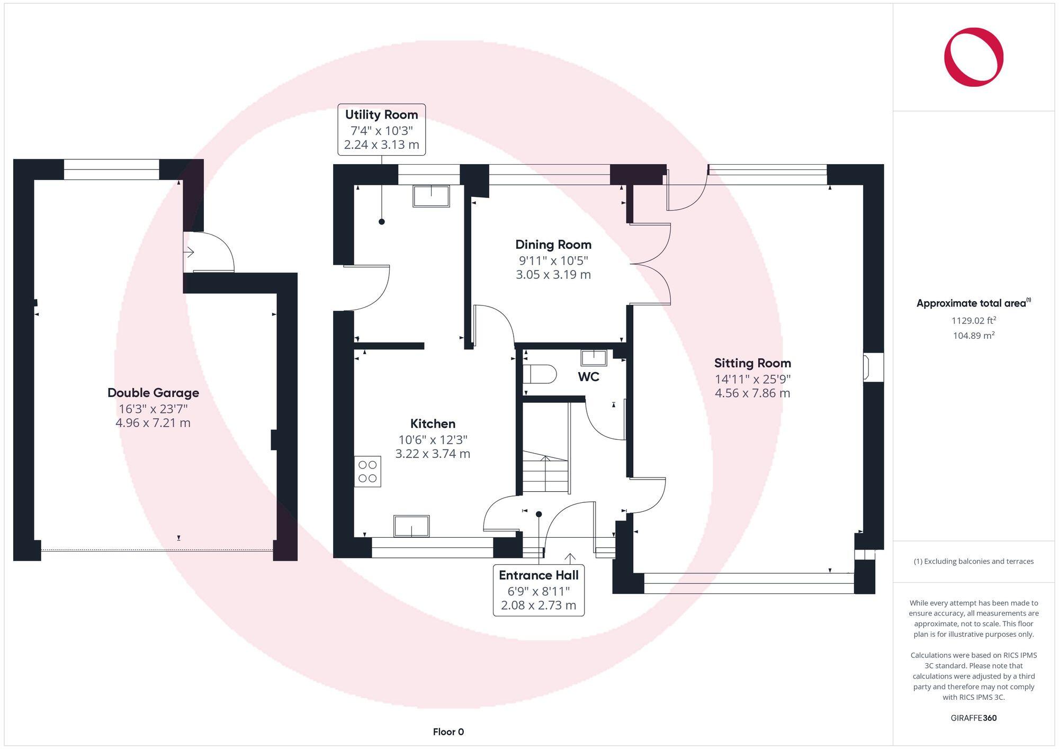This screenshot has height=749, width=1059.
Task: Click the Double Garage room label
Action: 153,393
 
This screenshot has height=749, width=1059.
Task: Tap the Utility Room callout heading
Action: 381,115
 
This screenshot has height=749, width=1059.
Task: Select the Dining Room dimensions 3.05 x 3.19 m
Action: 553,275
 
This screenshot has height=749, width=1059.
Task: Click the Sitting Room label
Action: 752,363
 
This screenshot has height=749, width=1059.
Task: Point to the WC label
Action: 588,377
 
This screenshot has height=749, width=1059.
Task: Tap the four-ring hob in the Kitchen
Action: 367,472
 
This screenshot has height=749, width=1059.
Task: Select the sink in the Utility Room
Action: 431,196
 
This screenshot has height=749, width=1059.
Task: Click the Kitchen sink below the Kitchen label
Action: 411,526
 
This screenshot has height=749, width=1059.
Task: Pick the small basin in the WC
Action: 594,358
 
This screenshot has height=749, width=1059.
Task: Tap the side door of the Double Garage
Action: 209,253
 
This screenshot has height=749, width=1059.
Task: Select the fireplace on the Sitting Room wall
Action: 867,367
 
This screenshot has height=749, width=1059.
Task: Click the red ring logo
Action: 973,57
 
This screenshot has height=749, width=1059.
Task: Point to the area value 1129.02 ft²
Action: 973,320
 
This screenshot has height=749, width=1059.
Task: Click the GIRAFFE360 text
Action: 973,718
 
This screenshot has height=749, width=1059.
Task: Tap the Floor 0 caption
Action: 448,732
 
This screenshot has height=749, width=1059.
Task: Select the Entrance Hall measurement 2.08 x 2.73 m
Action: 539,606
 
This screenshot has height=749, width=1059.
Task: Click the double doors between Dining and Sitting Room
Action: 650,264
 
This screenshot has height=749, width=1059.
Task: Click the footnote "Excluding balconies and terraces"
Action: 973,561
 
